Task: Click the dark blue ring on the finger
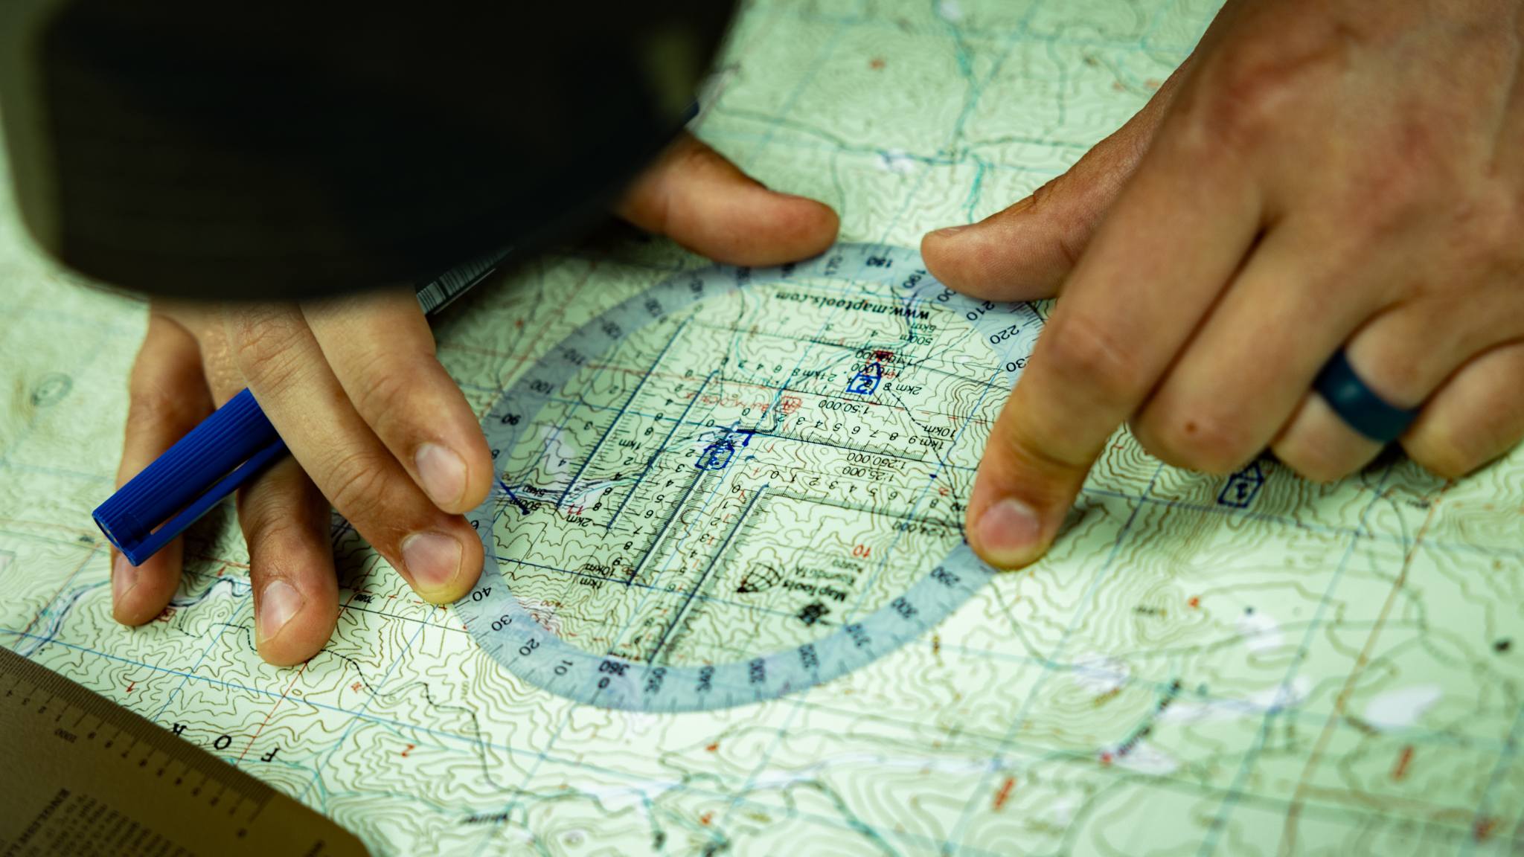[x=1362, y=402]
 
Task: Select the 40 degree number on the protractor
[x=482, y=591]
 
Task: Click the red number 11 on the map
[x=574, y=507]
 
